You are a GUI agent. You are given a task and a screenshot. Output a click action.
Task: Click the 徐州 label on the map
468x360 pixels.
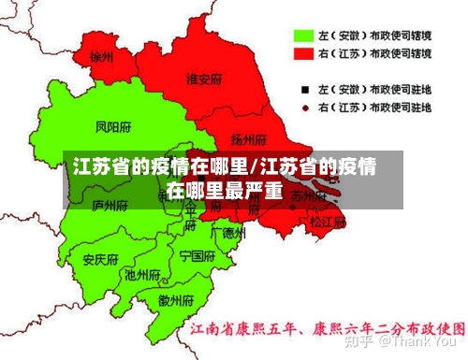[x=102, y=57]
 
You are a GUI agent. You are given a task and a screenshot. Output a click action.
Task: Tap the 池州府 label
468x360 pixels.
[x=142, y=276]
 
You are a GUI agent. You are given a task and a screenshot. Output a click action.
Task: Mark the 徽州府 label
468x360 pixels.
[x=176, y=300]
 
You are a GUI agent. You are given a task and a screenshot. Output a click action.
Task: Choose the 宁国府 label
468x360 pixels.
[x=197, y=254]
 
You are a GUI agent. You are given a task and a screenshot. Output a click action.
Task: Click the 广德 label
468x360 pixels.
[x=227, y=231]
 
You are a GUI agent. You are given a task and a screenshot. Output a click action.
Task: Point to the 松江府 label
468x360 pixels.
[x=327, y=223]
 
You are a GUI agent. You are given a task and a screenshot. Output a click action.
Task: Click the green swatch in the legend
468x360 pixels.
[x=302, y=36]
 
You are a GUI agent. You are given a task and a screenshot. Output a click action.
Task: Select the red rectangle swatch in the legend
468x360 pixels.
[x=302, y=54]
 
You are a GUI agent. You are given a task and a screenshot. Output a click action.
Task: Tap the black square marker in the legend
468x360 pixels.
[x=303, y=90]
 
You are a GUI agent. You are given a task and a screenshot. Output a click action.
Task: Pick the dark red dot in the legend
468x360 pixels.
[x=303, y=108]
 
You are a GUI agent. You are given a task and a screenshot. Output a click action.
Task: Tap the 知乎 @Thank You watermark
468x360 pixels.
[x=403, y=289]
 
